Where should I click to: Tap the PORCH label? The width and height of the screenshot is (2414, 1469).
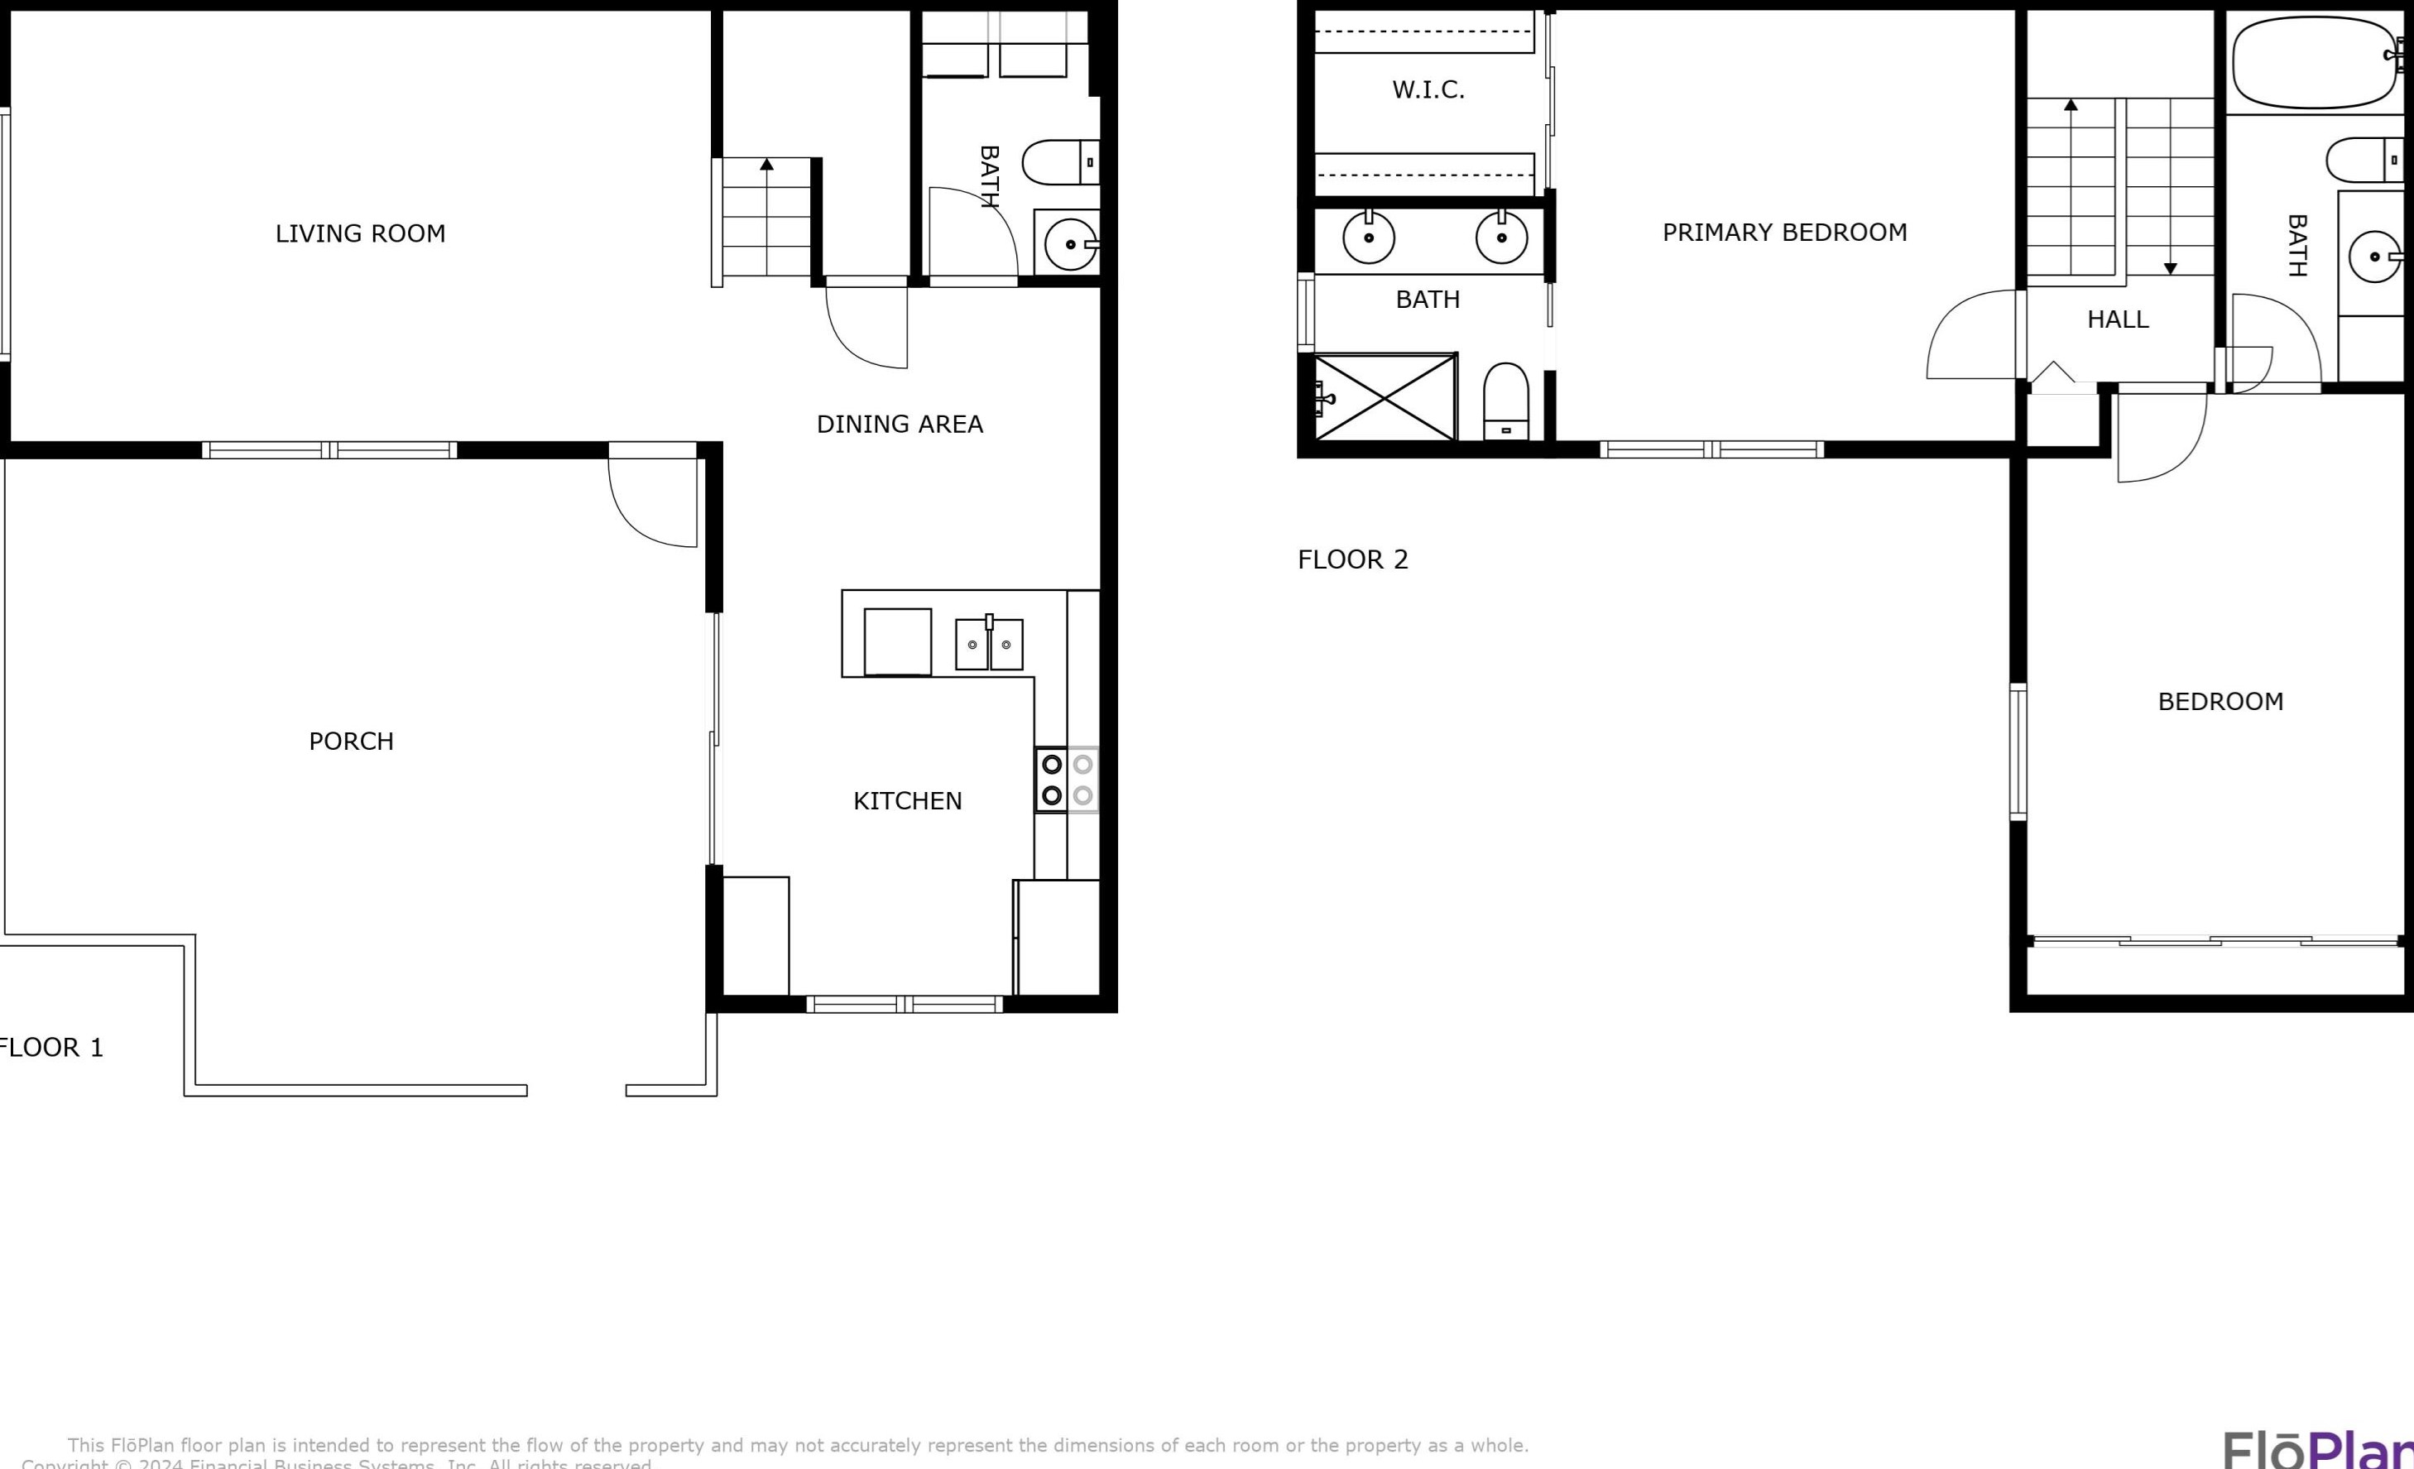[x=351, y=741]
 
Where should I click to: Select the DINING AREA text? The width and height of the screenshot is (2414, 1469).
[x=900, y=425]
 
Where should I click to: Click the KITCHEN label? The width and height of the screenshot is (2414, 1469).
[x=907, y=800]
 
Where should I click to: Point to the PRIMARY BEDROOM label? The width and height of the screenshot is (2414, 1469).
[x=1784, y=233]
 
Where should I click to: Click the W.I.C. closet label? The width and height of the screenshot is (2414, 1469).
[x=1428, y=90]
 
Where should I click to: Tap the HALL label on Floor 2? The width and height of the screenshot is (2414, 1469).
[x=2117, y=319]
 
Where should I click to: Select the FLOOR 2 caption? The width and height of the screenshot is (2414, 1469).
[x=1352, y=559]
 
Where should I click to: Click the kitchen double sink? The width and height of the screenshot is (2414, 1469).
[x=989, y=644]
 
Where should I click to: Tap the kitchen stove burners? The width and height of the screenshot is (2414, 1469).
[x=1067, y=779]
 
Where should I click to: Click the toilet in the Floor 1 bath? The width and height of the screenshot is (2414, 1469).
[x=1058, y=163]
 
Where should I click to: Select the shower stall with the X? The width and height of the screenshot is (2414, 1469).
[x=1385, y=397]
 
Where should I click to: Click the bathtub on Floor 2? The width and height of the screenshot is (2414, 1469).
[x=2313, y=62]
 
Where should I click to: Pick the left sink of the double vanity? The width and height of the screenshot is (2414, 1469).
[x=1368, y=238]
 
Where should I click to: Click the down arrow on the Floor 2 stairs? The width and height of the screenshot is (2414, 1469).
[x=2170, y=267]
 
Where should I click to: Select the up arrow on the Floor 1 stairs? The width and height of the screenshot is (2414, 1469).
[x=766, y=165]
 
